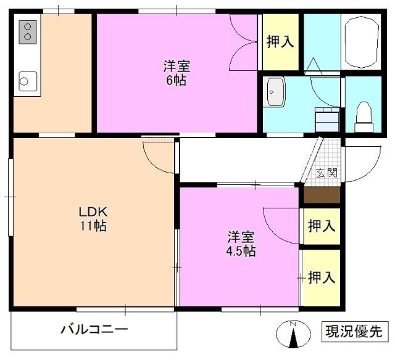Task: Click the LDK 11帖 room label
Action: (93, 218)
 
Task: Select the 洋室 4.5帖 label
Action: (240, 243)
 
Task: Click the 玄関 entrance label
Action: (326, 173)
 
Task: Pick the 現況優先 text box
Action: (354, 331)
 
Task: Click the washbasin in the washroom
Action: (274, 93)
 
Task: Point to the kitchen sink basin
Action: (28, 81)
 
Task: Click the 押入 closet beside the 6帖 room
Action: (280, 42)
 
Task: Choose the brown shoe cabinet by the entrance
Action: (322, 195)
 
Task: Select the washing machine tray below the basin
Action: (326, 118)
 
